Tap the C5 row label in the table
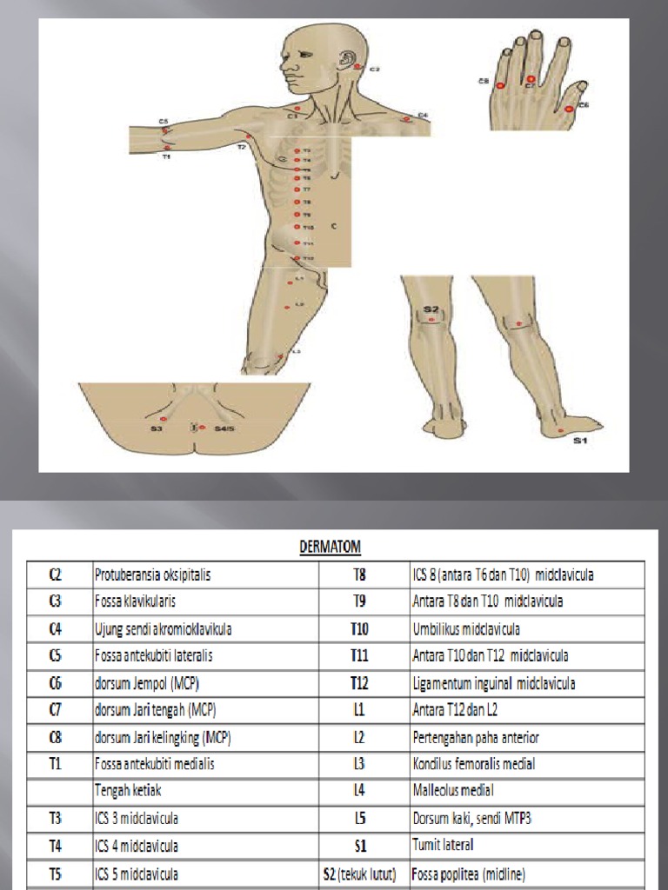[x=54, y=655]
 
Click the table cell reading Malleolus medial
[x=453, y=790]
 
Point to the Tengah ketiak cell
[x=131, y=790]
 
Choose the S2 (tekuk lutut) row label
[x=359, y=872]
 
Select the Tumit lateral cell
[x=444, y=844]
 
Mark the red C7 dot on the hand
[x=531, y=80]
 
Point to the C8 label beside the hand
[x=484, y=81]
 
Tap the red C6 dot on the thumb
[x=569, y=109]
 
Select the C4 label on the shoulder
[x=423, y=115]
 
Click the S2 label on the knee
[x=431, y=309]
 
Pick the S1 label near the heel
[x=579, y=442]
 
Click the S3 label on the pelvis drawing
[x=156, y=428]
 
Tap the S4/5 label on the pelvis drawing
[x=224, y=428]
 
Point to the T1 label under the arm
[x=166, y=157]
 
